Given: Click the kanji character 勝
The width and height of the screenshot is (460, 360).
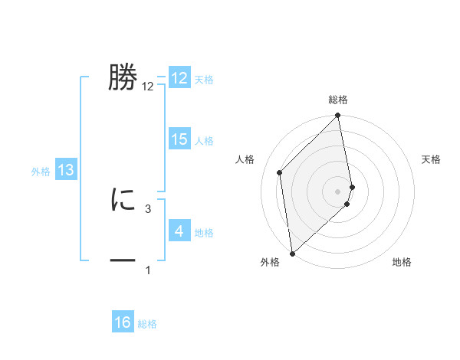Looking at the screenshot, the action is [123, 77].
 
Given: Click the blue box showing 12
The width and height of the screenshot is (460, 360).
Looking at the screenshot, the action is [179, 78].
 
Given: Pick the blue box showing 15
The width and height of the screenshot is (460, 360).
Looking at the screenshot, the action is [179, 139].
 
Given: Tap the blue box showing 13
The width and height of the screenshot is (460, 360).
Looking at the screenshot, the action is [66, 171].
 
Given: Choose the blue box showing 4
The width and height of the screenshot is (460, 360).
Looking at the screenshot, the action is [179, 231].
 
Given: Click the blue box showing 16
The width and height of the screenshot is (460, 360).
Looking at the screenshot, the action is [123, 323].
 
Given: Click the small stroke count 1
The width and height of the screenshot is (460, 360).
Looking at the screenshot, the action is [148, 270].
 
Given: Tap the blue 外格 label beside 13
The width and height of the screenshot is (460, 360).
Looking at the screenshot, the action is [41, 172].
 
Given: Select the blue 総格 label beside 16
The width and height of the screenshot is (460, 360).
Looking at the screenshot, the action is [147, 324].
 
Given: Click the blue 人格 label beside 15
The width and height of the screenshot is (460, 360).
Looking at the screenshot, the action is [204, 141].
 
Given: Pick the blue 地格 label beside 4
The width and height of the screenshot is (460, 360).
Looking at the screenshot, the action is [204, 233].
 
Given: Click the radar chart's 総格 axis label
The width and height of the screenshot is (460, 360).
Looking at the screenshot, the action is [338, 100].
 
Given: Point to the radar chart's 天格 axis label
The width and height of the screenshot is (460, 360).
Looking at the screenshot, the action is [431, 159].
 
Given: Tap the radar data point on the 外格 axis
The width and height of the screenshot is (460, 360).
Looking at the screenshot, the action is [292, 253].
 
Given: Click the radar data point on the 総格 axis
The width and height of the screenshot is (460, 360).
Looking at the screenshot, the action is [338, 116].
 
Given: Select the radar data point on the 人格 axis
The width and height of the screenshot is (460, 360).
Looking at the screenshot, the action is [280, 172].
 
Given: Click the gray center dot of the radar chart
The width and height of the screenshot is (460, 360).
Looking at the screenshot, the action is [338, 191].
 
